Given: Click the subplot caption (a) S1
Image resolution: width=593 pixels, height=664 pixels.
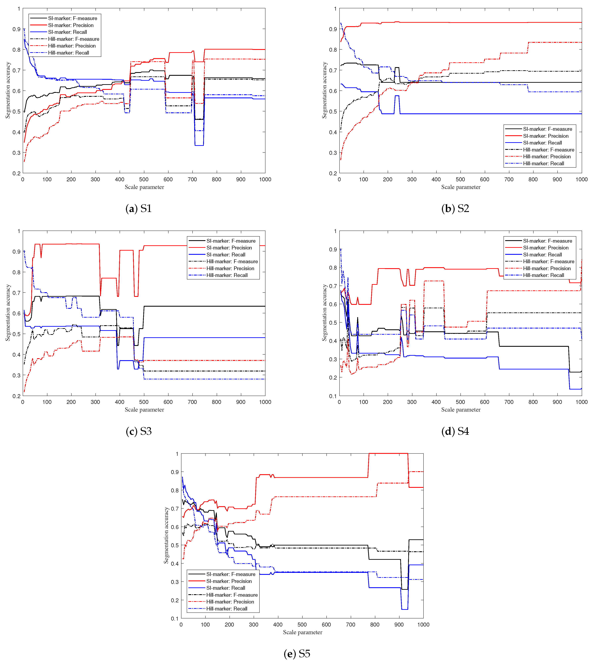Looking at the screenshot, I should pos(139,209).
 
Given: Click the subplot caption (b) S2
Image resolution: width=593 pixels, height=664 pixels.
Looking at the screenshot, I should pos(455,209).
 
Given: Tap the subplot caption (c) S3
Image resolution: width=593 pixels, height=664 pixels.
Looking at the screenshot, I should pos(139,431).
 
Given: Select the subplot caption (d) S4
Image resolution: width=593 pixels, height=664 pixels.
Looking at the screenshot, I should pos(455,431).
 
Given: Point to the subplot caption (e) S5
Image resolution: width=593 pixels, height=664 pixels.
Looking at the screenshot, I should pos(297,654).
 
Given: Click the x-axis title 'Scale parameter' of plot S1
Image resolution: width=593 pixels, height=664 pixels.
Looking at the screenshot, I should pos(144,187).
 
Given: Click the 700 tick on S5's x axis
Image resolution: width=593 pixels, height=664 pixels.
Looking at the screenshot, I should pos(351,625).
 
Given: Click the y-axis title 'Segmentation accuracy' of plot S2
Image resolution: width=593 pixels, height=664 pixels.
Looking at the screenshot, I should pos(324,90).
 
